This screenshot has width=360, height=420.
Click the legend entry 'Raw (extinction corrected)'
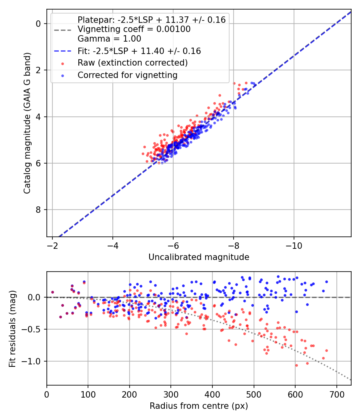(x=132, y=63)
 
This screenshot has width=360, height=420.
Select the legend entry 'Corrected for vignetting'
(x=128, y=75)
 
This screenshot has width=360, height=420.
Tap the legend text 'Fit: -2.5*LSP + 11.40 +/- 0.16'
(x=139, y=51)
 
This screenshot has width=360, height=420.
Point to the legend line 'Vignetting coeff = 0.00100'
(x=134, y=29)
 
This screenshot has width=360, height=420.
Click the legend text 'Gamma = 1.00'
(x=109, y=39)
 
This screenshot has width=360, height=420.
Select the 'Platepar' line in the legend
(x=151, y=20)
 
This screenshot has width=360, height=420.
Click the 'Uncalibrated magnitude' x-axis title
(x=199, y=257)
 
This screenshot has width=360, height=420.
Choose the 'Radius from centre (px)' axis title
(x=199, y=406)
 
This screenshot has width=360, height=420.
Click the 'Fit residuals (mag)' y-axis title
(x=12, y=329)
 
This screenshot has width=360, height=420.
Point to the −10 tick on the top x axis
(x=294, y=245)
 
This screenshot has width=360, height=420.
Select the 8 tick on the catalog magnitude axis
(x=38, y=210)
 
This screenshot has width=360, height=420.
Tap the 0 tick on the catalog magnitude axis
(x=38, y=24)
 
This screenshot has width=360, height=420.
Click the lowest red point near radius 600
(x=296, y=365)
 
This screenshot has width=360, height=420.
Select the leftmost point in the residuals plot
(x=52, y=292)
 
